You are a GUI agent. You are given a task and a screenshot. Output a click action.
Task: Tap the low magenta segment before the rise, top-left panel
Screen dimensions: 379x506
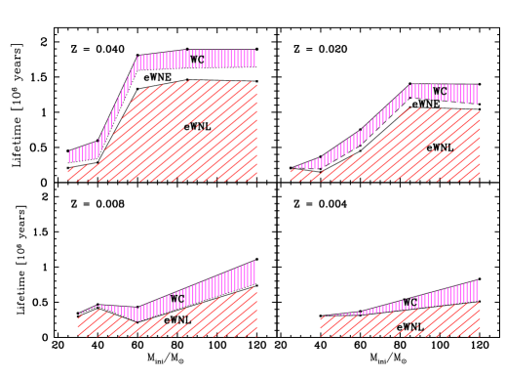tap(83, 153)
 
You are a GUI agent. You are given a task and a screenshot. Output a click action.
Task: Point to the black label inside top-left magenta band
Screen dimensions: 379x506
tap(198, 60)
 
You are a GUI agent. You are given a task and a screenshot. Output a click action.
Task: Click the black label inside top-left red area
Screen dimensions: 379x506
tap(196, 127)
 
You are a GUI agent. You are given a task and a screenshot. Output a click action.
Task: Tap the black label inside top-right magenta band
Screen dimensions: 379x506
tap(438, 91)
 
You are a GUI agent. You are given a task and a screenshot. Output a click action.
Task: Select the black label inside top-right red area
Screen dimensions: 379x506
tap(439, 147)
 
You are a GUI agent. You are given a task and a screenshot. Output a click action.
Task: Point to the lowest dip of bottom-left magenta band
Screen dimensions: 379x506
tap(139, 314)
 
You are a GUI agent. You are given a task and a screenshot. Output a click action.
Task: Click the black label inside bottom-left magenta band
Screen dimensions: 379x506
tap(177, 297)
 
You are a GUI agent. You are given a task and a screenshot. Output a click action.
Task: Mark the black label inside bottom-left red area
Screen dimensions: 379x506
tap(178, 320)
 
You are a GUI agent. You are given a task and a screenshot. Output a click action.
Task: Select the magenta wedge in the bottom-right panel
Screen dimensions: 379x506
tap(448, 294)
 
